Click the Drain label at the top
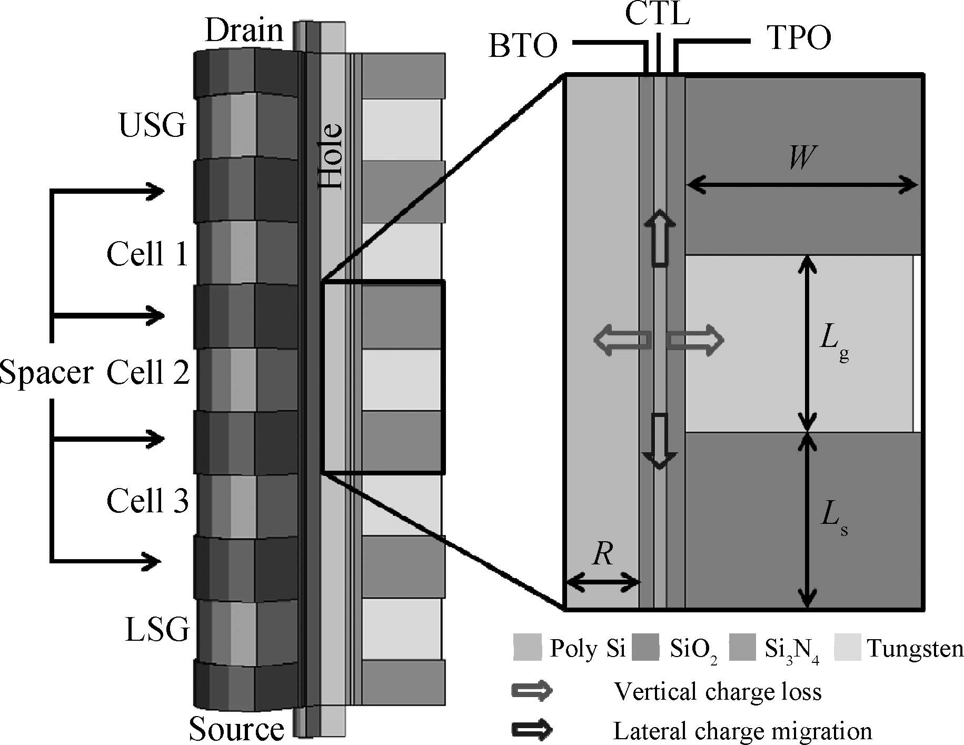coord(244,31)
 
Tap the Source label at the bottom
coord(236,728)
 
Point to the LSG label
coord(157,629)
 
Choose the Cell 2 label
coord(148,373)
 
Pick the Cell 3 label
coord(147,500)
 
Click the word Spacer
coord(46,373)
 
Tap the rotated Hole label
coord(331,156)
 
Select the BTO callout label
coord(523,46)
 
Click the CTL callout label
coord(658,14)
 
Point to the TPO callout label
coord(800,38)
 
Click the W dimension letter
coord(802,157)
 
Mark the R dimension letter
coord(602,554)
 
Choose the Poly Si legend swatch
coord(527,648)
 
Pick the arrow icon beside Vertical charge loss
coord(532,691)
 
